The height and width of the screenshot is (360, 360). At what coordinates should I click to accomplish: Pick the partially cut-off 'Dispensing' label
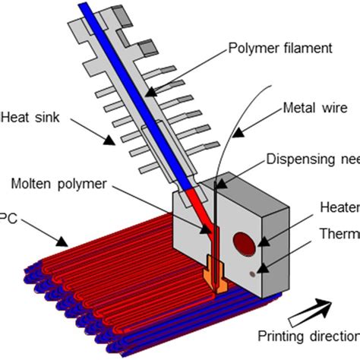pos(312,158)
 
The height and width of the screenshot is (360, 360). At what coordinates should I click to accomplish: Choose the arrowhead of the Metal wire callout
pos(237,136)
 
